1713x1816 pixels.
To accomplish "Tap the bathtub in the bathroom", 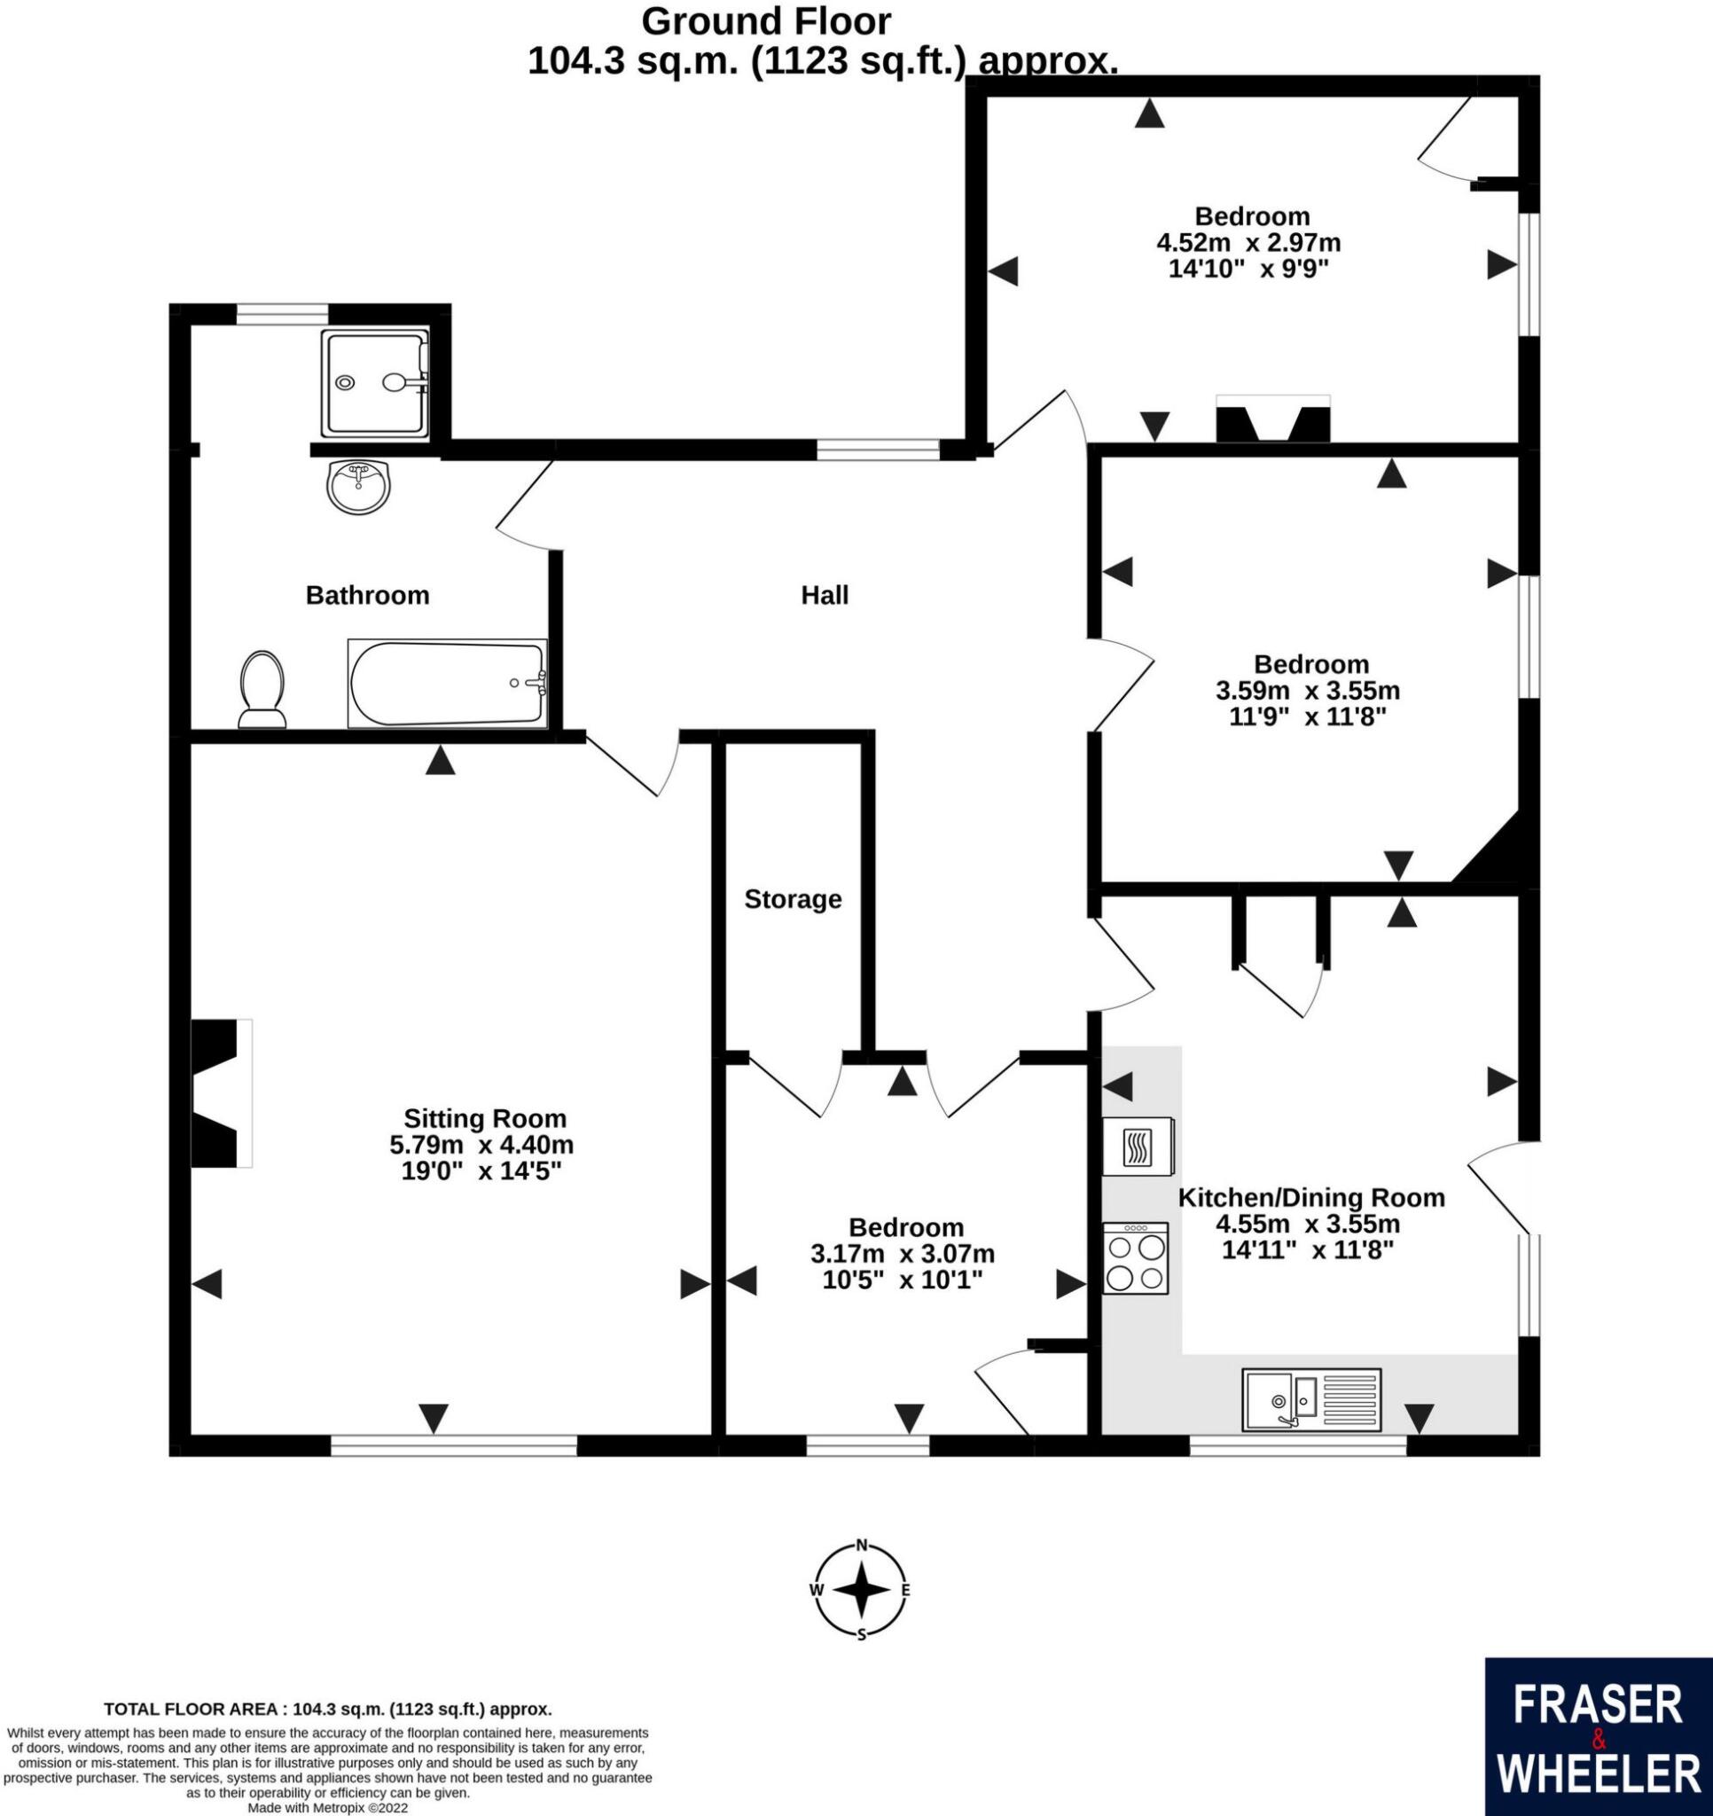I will point(448,684).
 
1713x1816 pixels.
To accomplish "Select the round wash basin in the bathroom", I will point(357,486).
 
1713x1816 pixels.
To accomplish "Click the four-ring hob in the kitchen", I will point(1136,1259).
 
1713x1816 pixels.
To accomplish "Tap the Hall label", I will point(824,596).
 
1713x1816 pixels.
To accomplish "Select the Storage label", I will point(792,900).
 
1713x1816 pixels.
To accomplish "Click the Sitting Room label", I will point(485,1118).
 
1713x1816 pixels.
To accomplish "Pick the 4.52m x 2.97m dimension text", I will point(1248,243).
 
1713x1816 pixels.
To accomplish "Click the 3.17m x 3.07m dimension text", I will point(903,1253).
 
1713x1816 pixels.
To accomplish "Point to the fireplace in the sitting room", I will point(219,1092).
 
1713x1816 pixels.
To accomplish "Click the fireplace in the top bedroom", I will point(1272,420).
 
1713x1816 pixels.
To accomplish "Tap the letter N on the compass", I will point(861,1546).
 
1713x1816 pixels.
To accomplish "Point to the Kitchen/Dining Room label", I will point(1311,1197).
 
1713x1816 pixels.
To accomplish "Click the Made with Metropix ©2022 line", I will point(327,1808).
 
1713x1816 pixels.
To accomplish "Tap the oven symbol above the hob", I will point(1138,1146).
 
